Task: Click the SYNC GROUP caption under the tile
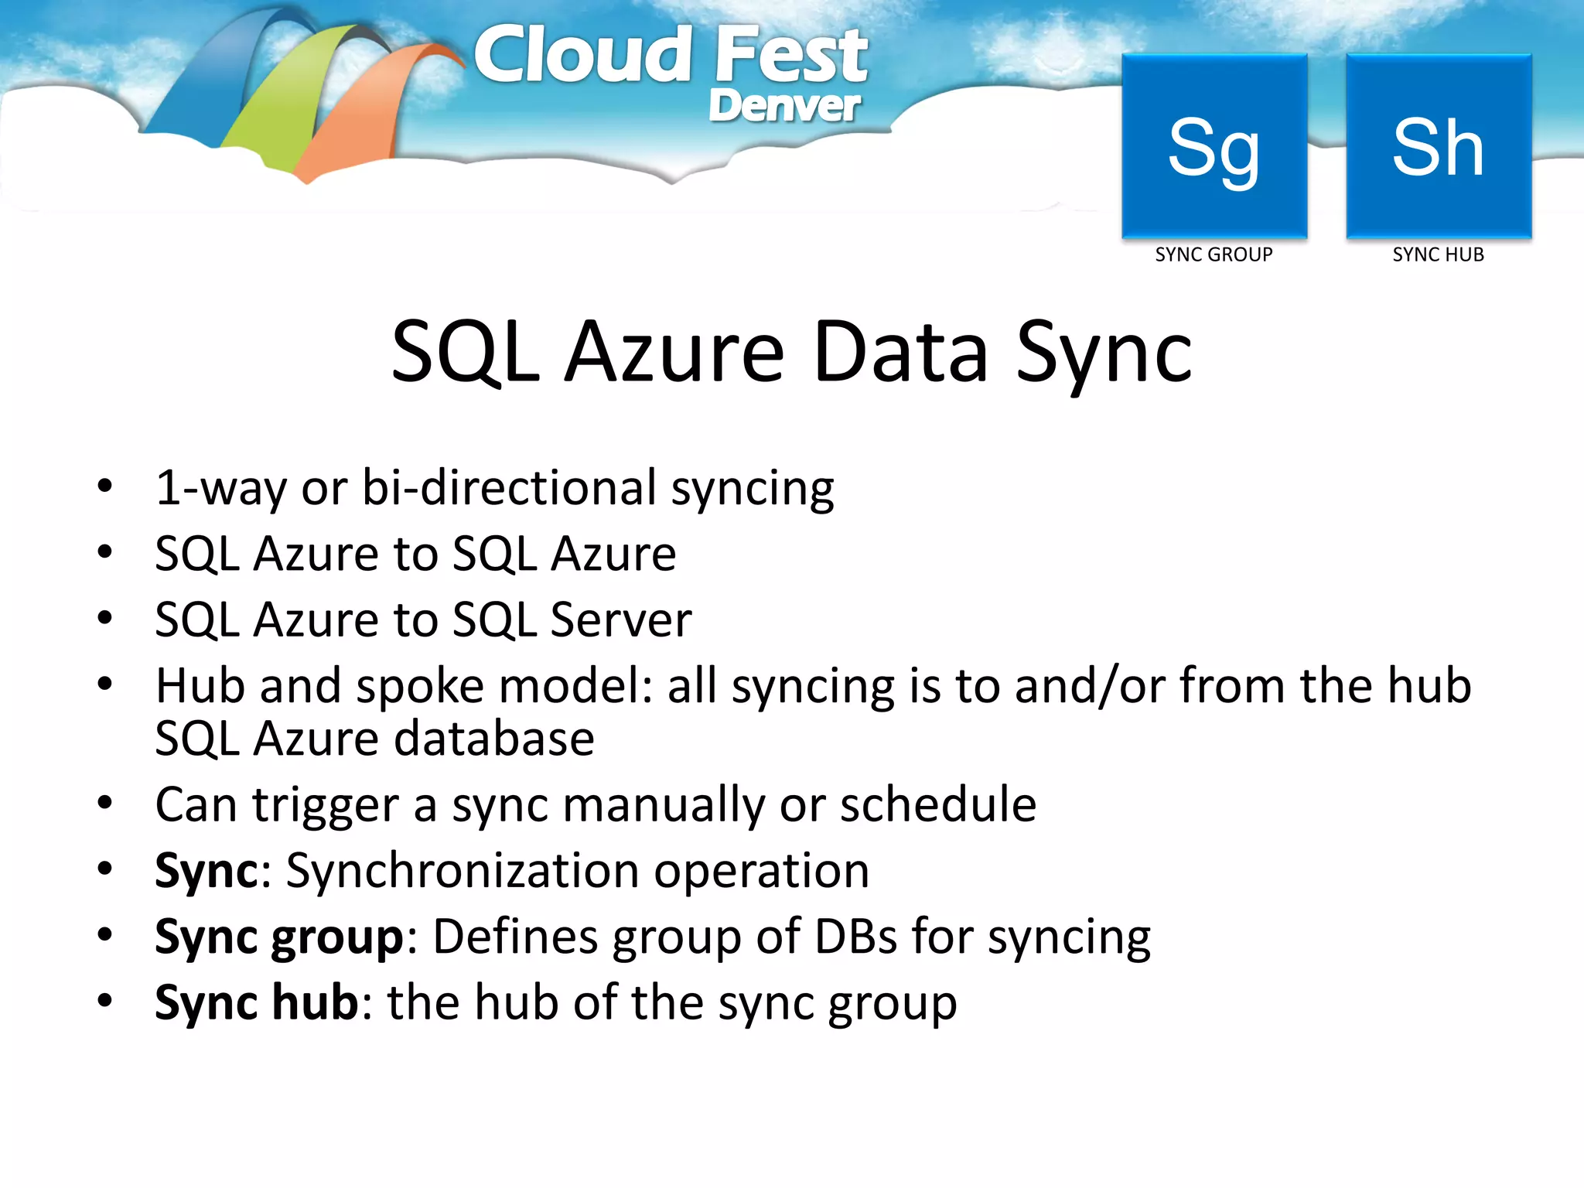coord(1214,254)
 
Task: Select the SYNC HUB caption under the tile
coord(1438,254)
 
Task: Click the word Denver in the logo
coord(783,106)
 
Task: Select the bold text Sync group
coord(279,937)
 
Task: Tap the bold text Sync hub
coord(257,1003)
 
